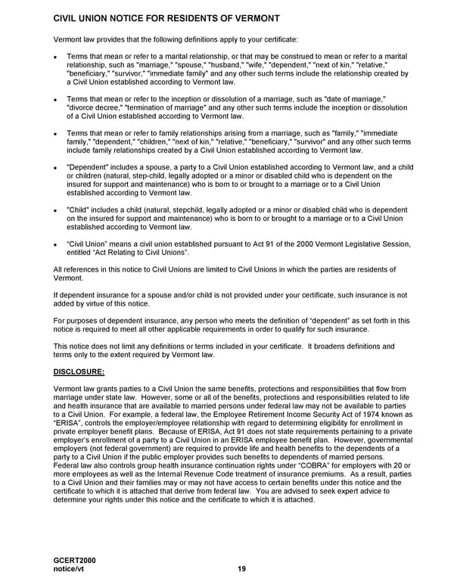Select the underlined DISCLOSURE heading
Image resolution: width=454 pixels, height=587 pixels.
point(79,371)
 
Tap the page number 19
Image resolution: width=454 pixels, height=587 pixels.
point(241,568)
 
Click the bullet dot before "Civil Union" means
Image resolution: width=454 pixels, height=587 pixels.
point(56,244)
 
